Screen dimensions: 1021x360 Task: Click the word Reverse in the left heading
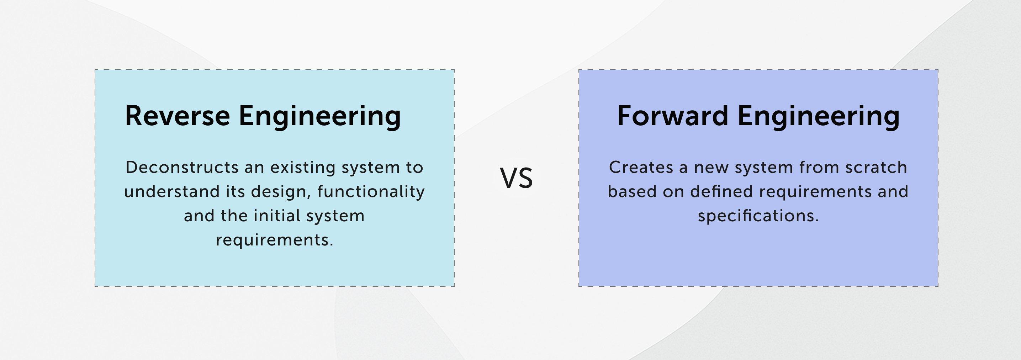point(178,116)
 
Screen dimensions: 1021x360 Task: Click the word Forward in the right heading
point(673,116)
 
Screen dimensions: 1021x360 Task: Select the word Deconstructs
point(182,167)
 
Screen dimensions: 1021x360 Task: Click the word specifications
point(758,216)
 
